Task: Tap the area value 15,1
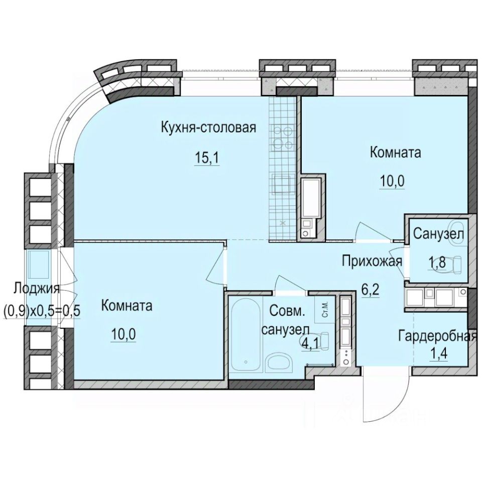coord(208,158)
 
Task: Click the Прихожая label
coord(372,261)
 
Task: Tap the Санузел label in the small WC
coord(438,233)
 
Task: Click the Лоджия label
coord(36,289)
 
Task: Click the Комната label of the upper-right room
coord(395,152)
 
